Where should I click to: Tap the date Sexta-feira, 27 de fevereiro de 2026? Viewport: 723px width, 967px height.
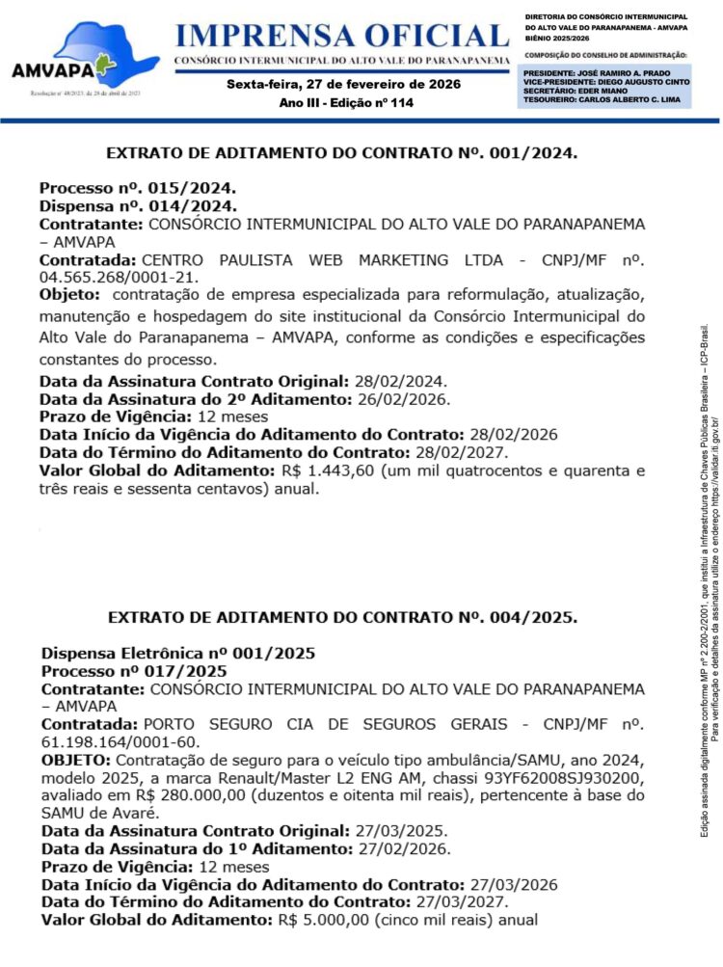[343, 84]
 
